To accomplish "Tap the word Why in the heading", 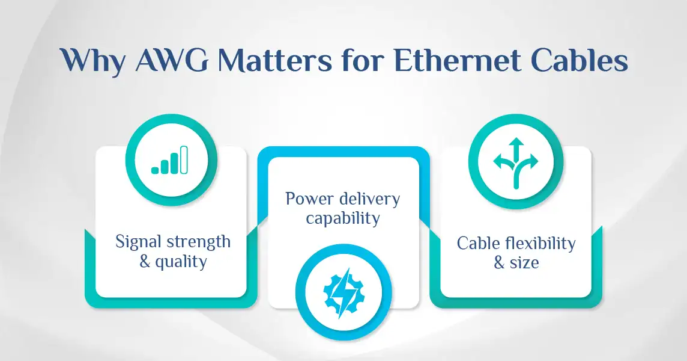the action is click(92, 62).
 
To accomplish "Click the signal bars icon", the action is click(170, 160).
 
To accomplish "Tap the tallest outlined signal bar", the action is click(184, 160).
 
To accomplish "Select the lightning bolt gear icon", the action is click(343, 292).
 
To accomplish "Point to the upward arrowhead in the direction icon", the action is click(516, 143).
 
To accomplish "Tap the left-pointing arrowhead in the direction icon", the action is click(498, 161).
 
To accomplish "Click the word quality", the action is click(181, 262).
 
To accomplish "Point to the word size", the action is click(524, 263).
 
